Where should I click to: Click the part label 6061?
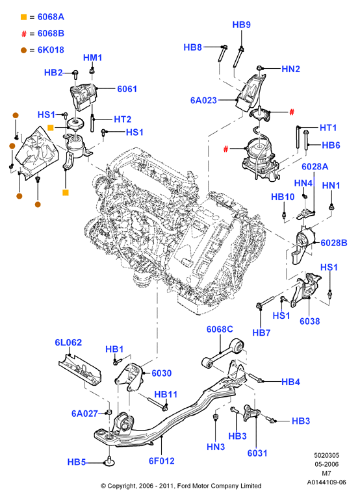127,89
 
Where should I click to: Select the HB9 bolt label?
241,25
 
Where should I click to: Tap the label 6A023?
203,100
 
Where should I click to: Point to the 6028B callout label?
334,243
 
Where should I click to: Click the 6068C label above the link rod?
220,329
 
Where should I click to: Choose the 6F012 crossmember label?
162,461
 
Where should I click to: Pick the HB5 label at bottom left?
77,462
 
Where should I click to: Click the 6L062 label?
68,342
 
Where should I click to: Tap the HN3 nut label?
216,447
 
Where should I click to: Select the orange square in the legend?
23,17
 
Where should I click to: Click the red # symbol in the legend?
23,34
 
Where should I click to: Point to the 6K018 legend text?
51,50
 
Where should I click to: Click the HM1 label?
92,57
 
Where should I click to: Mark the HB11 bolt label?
166,394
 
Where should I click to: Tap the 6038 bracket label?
309,321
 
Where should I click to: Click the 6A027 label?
84,414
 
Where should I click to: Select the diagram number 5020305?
326,455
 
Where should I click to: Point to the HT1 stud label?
328,127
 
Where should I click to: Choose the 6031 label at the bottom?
257,453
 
